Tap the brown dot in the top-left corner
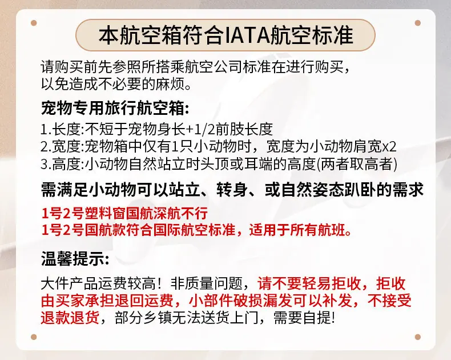tap(34, 23)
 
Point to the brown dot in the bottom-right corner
tap(418, 337)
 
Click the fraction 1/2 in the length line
tap(205, 129)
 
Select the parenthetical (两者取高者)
tap(357, 165)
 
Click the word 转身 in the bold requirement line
tap(232, 190)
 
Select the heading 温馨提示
tap(72, 258)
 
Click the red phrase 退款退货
tap(70, 318)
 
